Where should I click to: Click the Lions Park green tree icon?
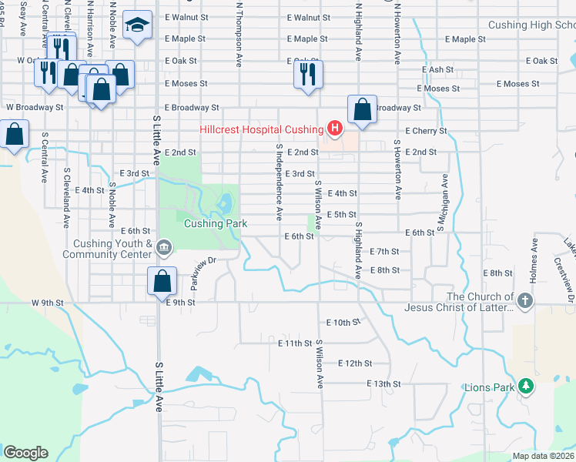click(526, 386)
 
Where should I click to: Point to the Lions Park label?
click(488, 387)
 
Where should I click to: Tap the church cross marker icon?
click(525, 301)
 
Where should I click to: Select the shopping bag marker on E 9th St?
click(162, 281)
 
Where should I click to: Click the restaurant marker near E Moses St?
click(306, 75)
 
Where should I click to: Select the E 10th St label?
click(343, 323)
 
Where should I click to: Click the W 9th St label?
click(48, 303)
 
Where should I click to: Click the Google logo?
click(25, 453)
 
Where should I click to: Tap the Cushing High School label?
click(532, 25)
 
